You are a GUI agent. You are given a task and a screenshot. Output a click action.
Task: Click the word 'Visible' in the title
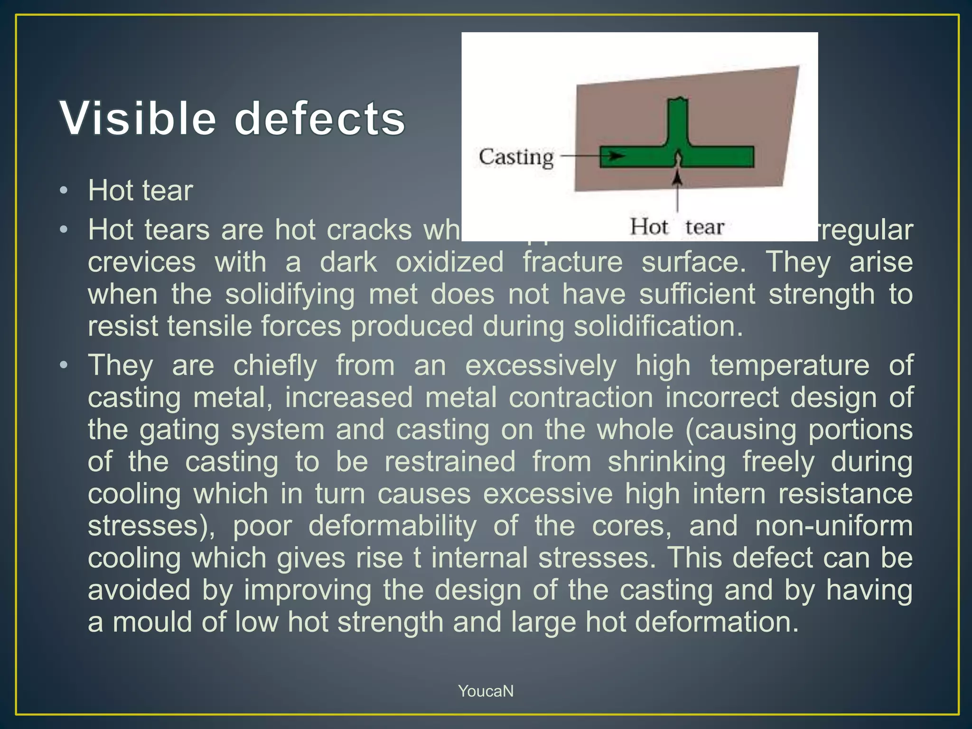tap(138, 118)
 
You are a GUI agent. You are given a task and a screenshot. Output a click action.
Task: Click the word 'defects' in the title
tap(320, 118)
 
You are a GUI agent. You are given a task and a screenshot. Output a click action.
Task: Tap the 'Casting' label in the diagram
tap(516, 157)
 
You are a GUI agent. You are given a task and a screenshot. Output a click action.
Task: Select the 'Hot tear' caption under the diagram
tap(677, 227)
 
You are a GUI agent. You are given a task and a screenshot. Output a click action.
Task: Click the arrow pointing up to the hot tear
tap(678, 190)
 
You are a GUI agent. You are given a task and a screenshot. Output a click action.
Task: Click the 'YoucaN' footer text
tap(486, 691)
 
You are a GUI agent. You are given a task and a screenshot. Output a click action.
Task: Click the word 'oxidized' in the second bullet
tap(449, 262)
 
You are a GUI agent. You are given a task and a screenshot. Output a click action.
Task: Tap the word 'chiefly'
tap(275, 365)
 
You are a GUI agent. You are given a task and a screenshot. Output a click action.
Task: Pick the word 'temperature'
tap(790, 365)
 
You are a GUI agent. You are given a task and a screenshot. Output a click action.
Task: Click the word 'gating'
tap(179, 430)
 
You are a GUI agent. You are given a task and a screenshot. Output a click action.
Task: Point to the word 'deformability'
tap(393, 526)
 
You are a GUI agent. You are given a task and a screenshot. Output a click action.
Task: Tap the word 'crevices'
tap(141, 262)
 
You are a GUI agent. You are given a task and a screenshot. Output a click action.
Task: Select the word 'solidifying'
tap(290, 294)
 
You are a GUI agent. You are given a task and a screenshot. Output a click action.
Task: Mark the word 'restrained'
tap(450, 462)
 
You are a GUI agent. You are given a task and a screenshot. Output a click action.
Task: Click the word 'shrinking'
tap(666, 462)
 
